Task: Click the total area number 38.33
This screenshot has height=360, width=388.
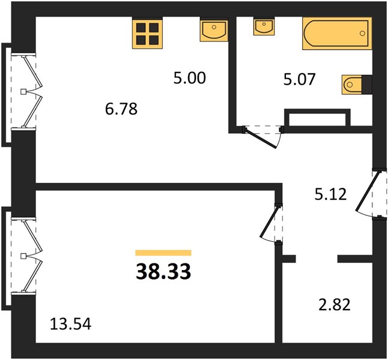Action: tap(163, 271)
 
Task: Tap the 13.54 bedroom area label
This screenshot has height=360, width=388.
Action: tap(70, 324)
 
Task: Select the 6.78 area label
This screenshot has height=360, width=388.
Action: tap(121, 109)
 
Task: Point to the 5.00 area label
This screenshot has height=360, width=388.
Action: tap(190, 78)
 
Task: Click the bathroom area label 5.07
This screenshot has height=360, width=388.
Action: tap(300, 79)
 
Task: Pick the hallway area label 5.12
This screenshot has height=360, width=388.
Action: tap(330, 194)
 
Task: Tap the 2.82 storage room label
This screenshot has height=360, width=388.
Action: tap(335, 304)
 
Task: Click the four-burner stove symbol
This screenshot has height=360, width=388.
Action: tap(148, 33)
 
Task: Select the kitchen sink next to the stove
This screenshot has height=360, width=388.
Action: tap(214, 29)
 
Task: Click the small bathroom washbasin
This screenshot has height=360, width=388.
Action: tap(264, 26)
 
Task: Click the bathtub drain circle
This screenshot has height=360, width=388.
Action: tap(363, 34)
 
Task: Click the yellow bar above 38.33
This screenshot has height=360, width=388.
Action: tap(163, 253)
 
